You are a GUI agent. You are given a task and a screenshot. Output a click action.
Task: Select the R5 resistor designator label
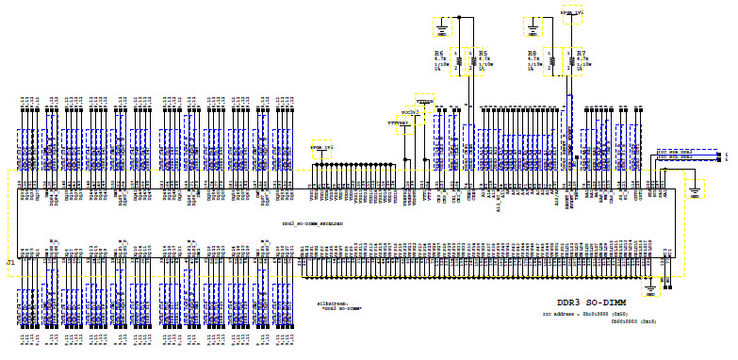482,54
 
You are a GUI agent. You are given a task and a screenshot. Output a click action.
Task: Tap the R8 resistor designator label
533,54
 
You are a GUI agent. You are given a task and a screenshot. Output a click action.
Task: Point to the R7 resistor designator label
582,54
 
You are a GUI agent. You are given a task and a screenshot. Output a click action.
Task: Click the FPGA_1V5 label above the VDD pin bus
323,149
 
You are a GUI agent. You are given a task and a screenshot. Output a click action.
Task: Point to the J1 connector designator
10,260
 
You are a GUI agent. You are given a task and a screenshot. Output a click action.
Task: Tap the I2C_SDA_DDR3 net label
679,151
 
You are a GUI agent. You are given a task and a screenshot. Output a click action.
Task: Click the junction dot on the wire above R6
458,17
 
